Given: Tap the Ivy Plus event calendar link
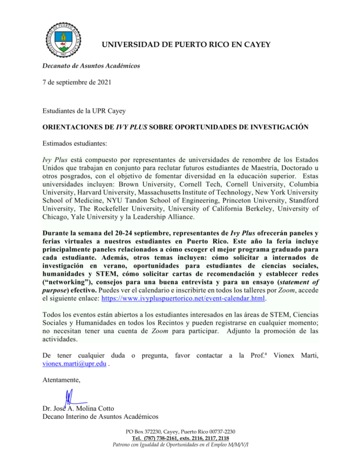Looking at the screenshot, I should point(183,299).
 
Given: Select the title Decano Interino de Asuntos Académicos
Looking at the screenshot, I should point(100,417).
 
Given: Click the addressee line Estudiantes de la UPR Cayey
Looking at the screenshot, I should point(85,110).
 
